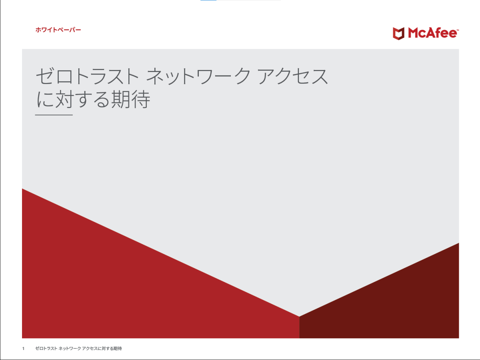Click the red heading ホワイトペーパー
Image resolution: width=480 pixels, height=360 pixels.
tap(58, 30)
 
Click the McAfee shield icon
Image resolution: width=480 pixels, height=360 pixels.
tap(398, 34)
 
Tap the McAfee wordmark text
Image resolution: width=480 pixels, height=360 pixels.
tap(432, 34)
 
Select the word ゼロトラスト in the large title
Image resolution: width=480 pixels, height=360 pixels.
tap(87, 76)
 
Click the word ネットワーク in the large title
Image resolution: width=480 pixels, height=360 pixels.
tap(198, 76)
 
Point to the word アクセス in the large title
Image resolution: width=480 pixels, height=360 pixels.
tap(293, 76)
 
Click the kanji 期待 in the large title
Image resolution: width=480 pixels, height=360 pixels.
tap(130, 100)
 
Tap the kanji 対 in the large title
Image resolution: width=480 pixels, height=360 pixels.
tap(64, 100)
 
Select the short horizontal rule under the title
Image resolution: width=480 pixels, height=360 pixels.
tap(54, 115)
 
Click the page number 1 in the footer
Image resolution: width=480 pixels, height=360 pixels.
tap(23, 349)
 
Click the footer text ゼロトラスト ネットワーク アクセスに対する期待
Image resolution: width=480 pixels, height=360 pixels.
tap(78, 348)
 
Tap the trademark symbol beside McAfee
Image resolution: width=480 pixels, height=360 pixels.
tap(458, 30)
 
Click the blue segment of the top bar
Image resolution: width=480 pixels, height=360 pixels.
tap(208, 0)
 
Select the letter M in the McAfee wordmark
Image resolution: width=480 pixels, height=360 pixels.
tap(413, 34)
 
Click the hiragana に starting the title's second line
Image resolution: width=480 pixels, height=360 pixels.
tap(45, 100)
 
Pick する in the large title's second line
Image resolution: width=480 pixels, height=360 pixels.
tap(92, 100)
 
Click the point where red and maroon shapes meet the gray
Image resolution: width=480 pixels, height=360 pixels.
tap(299, 316)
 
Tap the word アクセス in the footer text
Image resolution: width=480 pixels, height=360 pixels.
tap(90, 348)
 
